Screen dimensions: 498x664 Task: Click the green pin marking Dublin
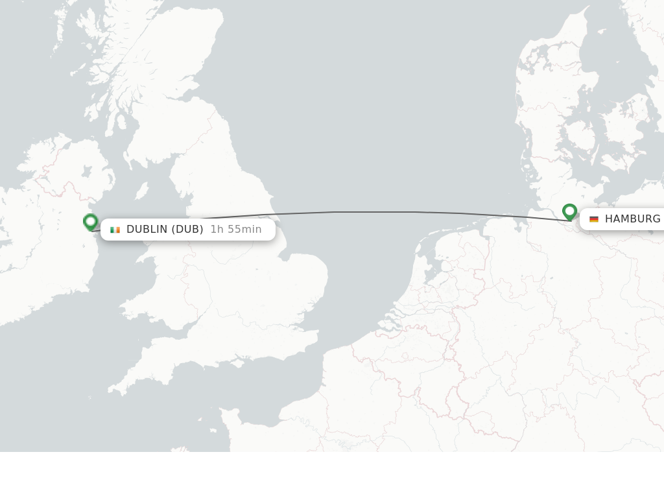(91, 222)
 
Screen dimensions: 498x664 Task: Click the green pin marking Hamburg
(569, 211)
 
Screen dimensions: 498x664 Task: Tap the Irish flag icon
(115, 230)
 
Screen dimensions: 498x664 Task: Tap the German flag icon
(594, 219)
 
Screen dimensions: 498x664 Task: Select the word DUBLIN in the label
(147, 230)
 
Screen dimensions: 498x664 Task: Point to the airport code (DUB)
(187, 230)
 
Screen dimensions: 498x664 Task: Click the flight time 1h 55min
(236, 230)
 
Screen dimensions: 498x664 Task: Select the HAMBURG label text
(632, 219)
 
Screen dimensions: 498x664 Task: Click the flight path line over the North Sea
(376, 212)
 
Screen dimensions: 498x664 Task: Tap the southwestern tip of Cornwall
(112, 391)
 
